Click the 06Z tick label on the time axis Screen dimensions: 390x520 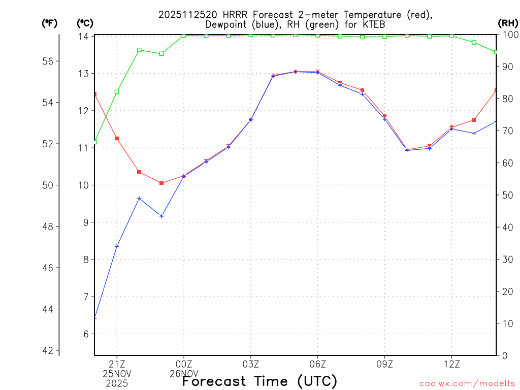tap(318, 364)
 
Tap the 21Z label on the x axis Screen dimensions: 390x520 tap(117, 364)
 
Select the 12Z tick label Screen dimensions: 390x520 tap(452, 364)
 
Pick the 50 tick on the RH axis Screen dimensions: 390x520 tap(507, 195)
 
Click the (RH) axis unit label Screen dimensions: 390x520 tap(507, 23)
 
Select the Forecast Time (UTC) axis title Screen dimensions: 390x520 tap(259, 381)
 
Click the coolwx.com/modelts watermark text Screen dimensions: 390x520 tap(467, 383)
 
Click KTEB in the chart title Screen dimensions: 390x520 tap(373, 24)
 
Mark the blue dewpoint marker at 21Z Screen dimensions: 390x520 tap(117, 246)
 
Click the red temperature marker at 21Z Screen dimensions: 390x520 tap(117, 138)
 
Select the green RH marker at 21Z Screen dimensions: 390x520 tap(117, 92)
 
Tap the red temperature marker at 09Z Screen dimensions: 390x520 tap(385, 116)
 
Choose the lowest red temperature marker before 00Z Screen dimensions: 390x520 tap(161, 183)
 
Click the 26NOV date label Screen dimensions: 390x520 tap(184, 373)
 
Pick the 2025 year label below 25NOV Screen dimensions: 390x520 tap(117, 383)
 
